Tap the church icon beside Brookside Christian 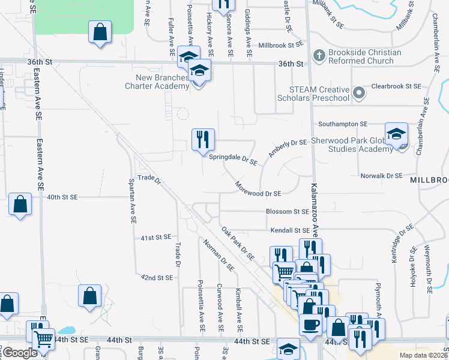click(x=319, y=56)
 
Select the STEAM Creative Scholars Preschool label click(x=313, y=94)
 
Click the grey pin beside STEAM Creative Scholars click(x=359, y=93)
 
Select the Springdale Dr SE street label click(x=233, y=161)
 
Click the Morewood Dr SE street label click(x=258, y=189)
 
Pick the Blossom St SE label click(x=288, y=211)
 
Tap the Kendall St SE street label click(x=289, y=230)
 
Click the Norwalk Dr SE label click(x=381, y=176)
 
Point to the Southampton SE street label click(x=342, y=124)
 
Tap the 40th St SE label click(x=63, y=196)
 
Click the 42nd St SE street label click(x=157, y=278)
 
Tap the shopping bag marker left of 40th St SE click(x=20, y=205)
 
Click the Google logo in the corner click(x=19, y=353)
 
